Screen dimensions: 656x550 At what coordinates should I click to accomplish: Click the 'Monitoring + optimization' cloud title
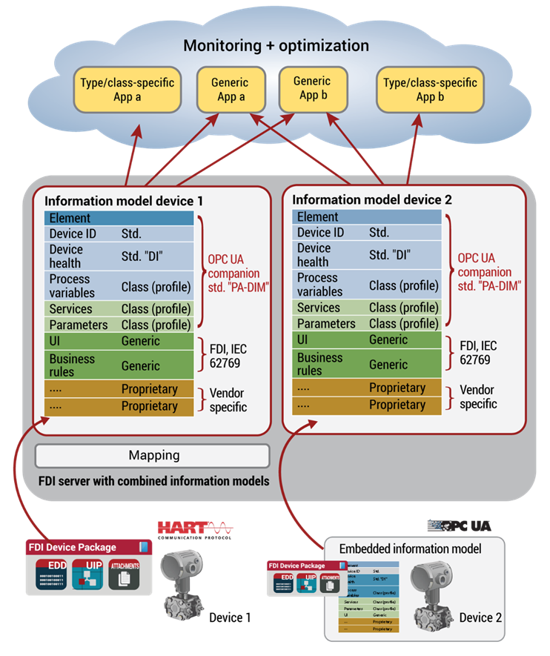click(276, 46)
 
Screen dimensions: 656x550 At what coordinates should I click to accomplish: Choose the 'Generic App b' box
click(311, 88)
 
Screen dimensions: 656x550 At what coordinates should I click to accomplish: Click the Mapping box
click(153, 455)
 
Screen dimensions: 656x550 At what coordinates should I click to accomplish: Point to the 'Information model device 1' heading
click(124, 201)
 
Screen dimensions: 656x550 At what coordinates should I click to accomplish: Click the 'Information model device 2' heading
click(372, 199)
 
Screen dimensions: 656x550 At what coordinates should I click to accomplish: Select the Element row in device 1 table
click(119, 218)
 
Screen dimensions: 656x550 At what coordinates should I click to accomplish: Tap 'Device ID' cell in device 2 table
click(321, 233)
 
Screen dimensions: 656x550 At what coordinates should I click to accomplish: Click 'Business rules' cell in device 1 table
click(73, 365)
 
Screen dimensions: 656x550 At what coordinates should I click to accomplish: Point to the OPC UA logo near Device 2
click(459, 526)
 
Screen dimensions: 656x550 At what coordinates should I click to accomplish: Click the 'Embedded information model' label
click(410, 549)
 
